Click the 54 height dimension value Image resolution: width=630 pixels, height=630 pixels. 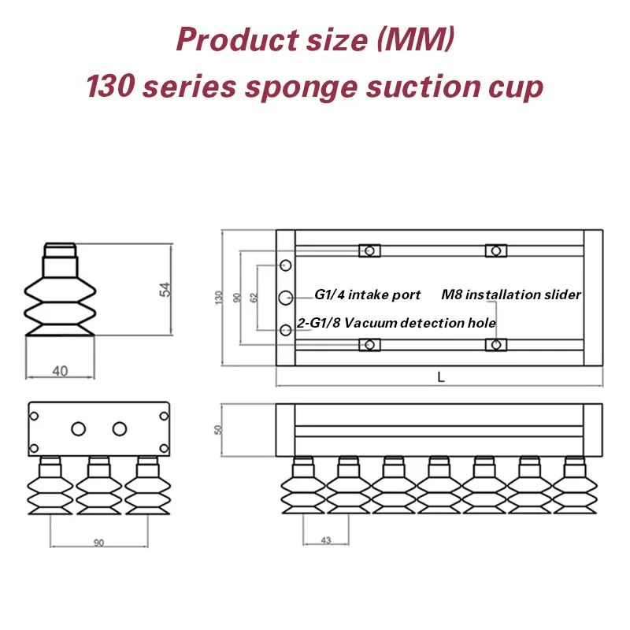point(165,289)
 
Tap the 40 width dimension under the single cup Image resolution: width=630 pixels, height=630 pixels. point(61,371)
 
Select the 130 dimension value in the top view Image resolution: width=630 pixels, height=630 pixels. point(219,298)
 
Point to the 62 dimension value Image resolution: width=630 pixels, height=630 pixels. point(254,298)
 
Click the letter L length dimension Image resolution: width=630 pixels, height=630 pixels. point(441,377)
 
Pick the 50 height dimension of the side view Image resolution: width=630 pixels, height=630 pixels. point(218,429)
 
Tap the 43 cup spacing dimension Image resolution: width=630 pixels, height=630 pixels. point(326,540)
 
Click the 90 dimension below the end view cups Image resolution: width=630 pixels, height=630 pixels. point(99,543)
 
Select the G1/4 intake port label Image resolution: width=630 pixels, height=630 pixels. point(367,295)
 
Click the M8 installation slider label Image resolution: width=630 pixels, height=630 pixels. point(511,295)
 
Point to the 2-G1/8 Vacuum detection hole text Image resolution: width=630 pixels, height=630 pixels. point(396,323)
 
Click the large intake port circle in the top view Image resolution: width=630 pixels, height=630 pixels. point(286,298)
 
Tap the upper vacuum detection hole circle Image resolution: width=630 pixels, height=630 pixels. point(286,265)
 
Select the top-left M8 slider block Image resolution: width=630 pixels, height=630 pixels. point(369,250)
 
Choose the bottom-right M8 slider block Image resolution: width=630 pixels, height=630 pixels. point(496,345)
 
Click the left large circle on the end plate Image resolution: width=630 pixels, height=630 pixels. point(78,428)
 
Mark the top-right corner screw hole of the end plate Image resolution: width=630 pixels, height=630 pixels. point(164,416)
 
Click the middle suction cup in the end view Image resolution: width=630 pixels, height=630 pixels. point(99,485)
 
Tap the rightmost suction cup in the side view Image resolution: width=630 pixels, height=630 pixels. point(575,485)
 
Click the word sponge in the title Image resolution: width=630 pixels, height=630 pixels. point(301,88)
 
